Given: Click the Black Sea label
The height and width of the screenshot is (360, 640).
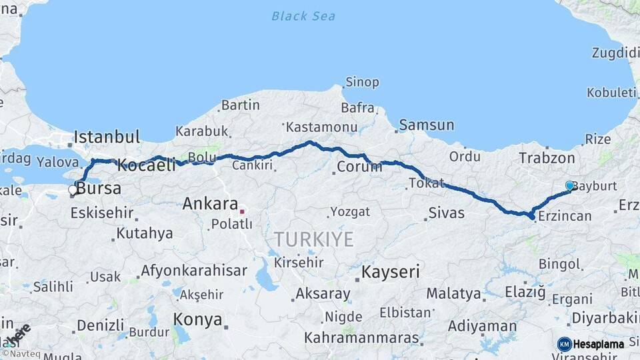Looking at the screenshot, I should (303, 16).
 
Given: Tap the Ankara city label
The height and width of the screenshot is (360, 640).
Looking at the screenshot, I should (210, 203).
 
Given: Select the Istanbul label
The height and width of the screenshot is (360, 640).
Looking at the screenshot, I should (107, 137).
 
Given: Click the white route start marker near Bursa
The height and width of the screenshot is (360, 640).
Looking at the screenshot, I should (73, 190).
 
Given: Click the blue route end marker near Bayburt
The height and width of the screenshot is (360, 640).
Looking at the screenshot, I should (569, 185).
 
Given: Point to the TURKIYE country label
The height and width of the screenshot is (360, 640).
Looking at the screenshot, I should (313, 239).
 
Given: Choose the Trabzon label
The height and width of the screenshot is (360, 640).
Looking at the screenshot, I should (547, 158).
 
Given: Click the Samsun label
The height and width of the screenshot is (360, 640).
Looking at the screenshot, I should (427, 125).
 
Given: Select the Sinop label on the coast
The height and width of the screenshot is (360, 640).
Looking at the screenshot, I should (362, 82).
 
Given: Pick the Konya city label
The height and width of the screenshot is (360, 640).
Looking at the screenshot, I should (197, 319).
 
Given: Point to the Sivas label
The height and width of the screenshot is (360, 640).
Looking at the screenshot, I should (446, 213).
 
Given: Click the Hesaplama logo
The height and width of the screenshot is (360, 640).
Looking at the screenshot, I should (591, 344).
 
